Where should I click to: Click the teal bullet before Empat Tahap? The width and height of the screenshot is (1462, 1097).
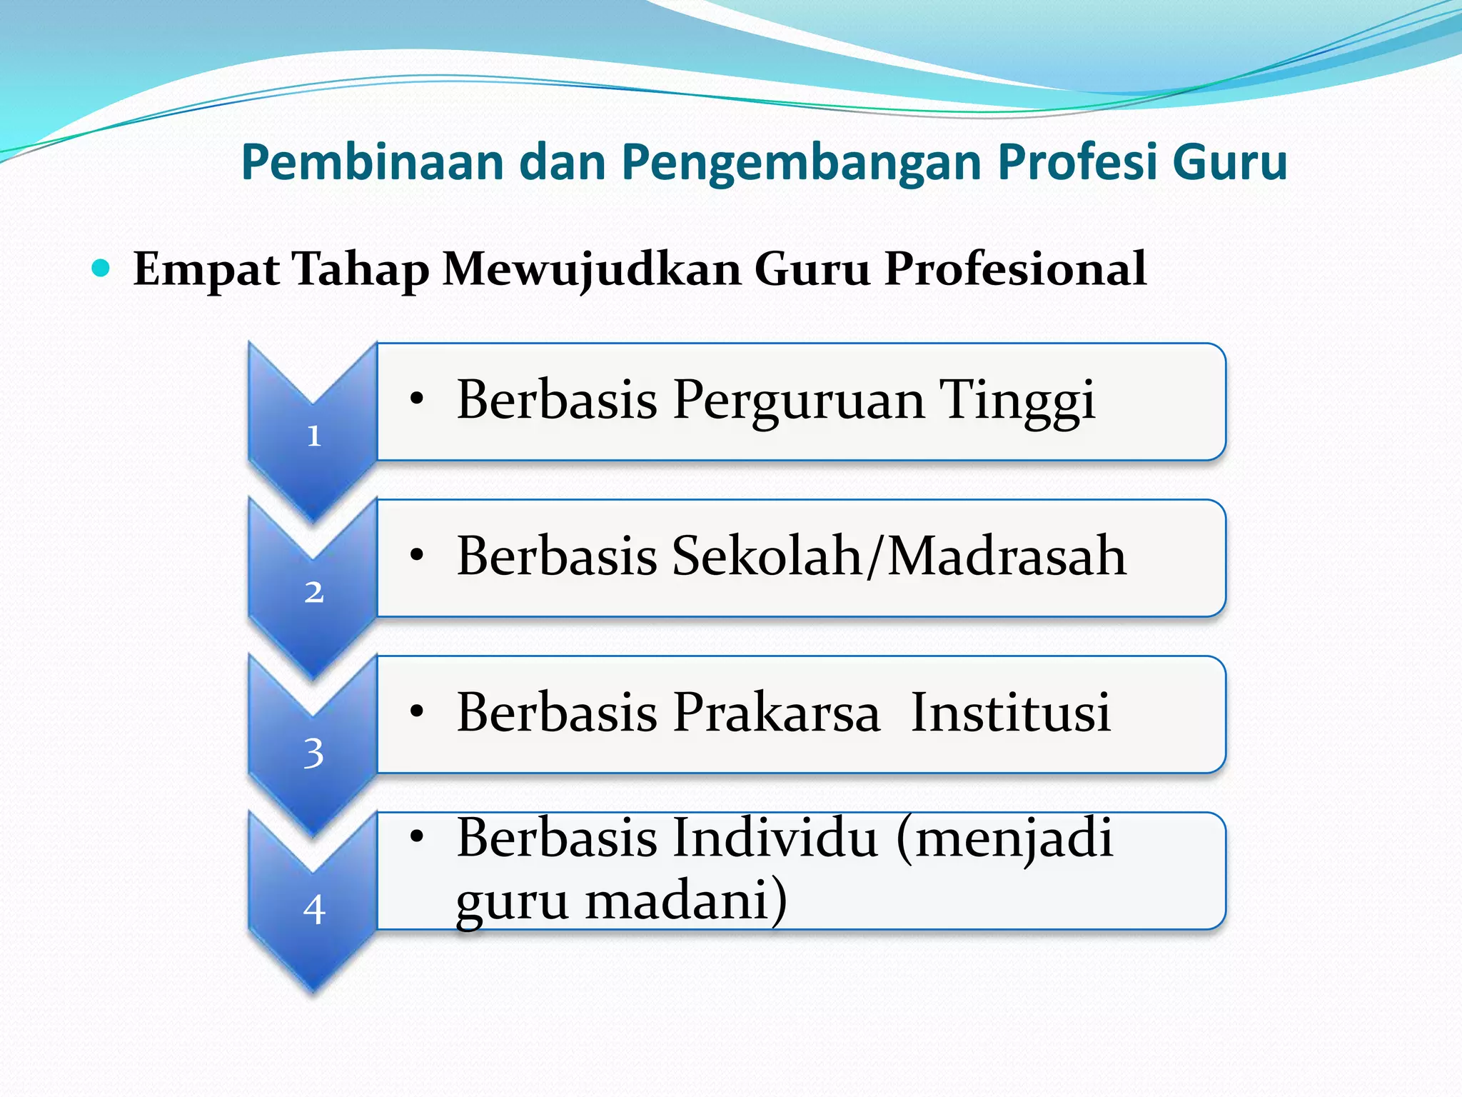point(101,269)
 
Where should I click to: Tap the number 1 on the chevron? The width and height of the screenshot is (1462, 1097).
point(314,436)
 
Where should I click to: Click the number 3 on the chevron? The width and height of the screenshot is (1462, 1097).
point(314,753)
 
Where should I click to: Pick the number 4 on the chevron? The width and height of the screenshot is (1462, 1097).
point(314,910)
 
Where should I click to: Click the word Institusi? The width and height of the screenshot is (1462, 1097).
point(1011,713)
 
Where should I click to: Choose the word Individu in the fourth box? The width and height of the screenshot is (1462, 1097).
point(775,837)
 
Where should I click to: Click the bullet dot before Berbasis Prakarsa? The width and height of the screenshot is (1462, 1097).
point(418,711)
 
